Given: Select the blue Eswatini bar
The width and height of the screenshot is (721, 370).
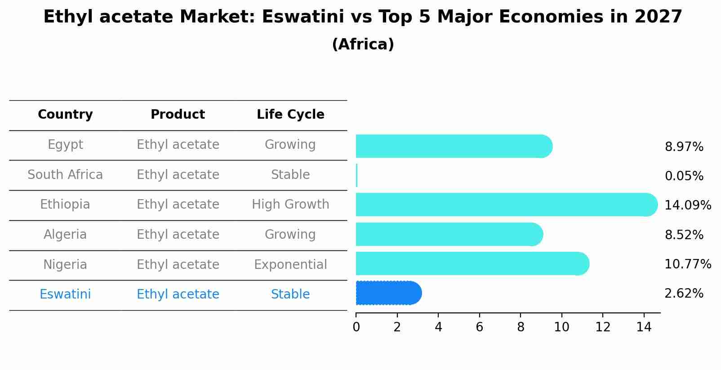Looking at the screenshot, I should tap(388, 293).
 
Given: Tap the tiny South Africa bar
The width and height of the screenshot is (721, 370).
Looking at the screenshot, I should tap(356, 175).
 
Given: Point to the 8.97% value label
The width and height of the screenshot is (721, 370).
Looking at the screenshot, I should tap(684, 147).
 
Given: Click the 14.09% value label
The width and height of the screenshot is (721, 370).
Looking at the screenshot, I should tap(687, 205).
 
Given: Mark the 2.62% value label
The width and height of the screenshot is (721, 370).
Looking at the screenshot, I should tap(684, 294).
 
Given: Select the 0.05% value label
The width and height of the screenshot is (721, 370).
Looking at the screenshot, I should tap(684, 176).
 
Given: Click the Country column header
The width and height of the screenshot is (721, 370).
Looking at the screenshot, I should tap(65, 115).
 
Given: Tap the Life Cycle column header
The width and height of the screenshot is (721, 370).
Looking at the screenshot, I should tap(290, 115).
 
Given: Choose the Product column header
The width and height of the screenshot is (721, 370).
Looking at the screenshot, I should tap(178, 115).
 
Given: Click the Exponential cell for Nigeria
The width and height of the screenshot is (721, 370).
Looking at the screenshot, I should tap(290, 265).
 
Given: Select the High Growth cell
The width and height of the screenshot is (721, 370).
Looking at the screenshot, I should tap(290, 205).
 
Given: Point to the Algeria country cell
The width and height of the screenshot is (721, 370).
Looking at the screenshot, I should tap(65, 235).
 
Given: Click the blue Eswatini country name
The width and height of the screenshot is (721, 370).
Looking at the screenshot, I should tap(65, 294).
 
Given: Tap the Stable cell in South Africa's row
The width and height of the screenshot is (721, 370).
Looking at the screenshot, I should tap(290, 175).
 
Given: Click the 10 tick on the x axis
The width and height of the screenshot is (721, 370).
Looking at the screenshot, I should tap(561, 327).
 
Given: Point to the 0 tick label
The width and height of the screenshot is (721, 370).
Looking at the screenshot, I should tap(356, 327).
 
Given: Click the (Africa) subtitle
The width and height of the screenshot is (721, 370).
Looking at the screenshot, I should tap(363, 45).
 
